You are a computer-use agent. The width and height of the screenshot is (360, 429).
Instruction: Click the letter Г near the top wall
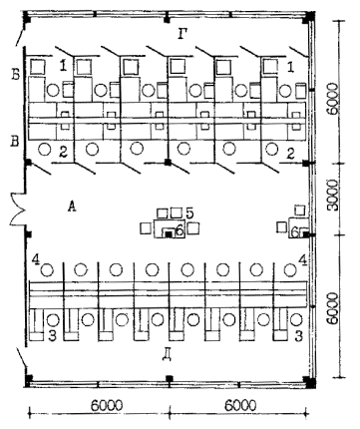coord(182,34)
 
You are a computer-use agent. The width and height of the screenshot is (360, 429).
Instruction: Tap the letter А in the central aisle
coord(72,207)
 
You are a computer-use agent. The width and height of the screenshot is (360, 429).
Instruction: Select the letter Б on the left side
coord(15,75)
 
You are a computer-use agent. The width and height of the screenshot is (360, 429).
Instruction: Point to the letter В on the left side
coord(15,141)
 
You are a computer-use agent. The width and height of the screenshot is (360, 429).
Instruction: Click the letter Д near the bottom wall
coord(168,355)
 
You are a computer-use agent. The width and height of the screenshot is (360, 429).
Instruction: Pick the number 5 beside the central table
coord(189,213)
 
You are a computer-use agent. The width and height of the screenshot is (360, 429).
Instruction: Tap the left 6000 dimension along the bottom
coord(106,405)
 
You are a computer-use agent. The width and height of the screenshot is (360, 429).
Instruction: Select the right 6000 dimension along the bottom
coord(240,405)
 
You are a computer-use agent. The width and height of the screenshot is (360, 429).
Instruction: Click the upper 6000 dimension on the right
coord(333,99)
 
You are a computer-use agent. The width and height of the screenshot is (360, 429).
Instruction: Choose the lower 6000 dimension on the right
coord(333,308)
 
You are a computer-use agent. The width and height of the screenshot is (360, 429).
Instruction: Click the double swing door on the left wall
coord(16,210)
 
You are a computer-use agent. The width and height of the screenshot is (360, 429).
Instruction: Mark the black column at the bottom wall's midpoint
coord(170,379)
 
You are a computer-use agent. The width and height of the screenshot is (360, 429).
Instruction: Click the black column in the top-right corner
coord(309,17)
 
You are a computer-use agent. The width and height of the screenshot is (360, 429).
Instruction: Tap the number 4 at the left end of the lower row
coord(36,259)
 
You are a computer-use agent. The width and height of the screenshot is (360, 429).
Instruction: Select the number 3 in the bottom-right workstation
coord(299,336)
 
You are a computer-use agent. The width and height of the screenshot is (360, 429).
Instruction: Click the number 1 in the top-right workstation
coord(290,67)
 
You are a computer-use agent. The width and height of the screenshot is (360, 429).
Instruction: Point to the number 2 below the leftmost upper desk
coord(63,153)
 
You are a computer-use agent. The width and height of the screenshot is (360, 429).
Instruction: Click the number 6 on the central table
coord(179,230)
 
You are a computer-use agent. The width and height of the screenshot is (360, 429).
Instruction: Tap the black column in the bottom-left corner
coord(29,379)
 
